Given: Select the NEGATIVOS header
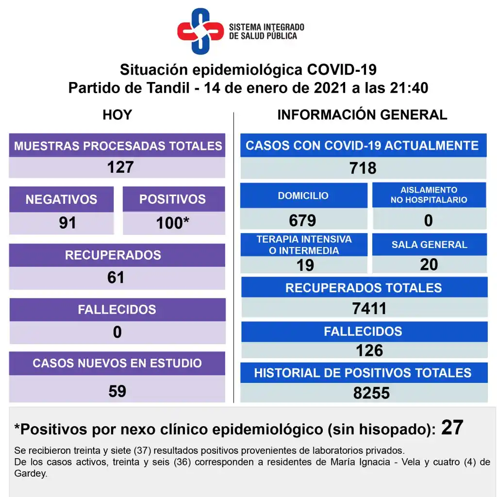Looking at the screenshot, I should pyautogui.click(x=61, y=199).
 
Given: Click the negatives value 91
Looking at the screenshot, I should pyautogui.click(x=67, y=223).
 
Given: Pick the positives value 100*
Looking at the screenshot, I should pyautogui.click(x=172, y=223).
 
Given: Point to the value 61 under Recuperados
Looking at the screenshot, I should pyautogui.click(x=116, y=278).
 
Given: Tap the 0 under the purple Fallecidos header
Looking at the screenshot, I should pyautogui.click(x=117, y=332).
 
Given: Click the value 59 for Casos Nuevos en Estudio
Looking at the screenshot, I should pyautogui.click(x=117, y=391).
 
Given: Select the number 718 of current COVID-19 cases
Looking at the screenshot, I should pyautogui.click(x=363, y=168).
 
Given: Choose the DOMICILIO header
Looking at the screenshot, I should pyautogui.click(x=303, y=196).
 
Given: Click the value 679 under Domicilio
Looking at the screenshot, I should pyautogui.click(x=302, y=220).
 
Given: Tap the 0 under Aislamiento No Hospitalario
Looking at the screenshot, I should pyautogui.click(x=428, y=220).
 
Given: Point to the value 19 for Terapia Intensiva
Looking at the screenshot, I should pyautogui.click(x=305, y=265).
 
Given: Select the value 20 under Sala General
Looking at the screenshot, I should pyautogui.click(x=429, y=264).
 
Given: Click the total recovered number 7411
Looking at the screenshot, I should pyautogui.click(x=369, y=308).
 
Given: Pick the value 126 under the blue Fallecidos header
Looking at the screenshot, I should pyautogui.click(x=369, y=350).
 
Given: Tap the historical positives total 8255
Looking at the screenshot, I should pyautogui.click(x=371, y=393).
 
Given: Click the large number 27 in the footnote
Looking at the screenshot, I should pyautogui.click(x=452, y=428).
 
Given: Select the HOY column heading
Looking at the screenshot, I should pyautogui.click(x=117, y=115).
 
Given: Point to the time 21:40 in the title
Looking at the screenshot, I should pyautogui.click(x=408, y=88).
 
